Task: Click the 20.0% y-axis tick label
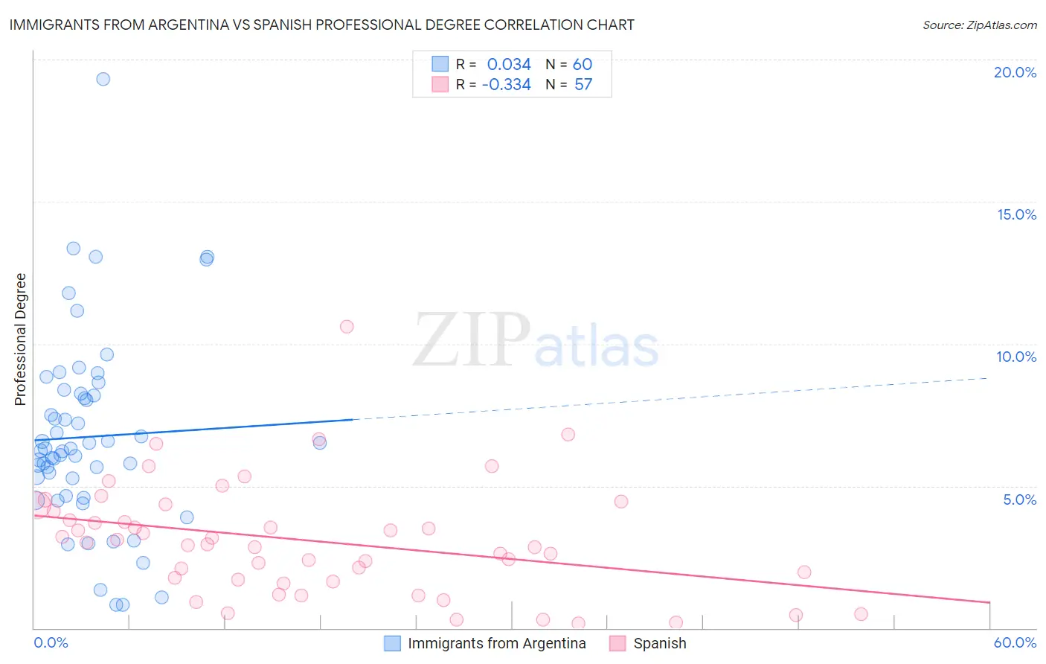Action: click(x=1015, y=72)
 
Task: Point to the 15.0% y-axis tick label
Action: click(x=1016, y=214)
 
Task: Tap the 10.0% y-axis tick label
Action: click(x=1016, y=357)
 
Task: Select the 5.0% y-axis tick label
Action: click(x=1019, y=499)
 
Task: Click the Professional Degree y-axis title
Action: click(x=20, y=339)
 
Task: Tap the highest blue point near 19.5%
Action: click(x=103, y=79)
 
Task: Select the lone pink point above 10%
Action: click(x=347, y=326)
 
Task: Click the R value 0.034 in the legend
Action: click(x=509, y=64)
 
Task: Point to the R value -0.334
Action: click(x=507, y=85)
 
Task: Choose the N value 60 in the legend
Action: click(x=583, y=64)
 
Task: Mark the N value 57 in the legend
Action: click(x=583, y=85)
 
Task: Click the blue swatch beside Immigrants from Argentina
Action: click(x=393, y=644)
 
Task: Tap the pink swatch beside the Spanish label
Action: click(x=617, y=644)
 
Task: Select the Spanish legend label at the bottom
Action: click(x=660, y=644)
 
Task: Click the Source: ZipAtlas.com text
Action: click(x=980, y=25)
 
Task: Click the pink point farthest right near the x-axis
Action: click(x=861, y=614)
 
